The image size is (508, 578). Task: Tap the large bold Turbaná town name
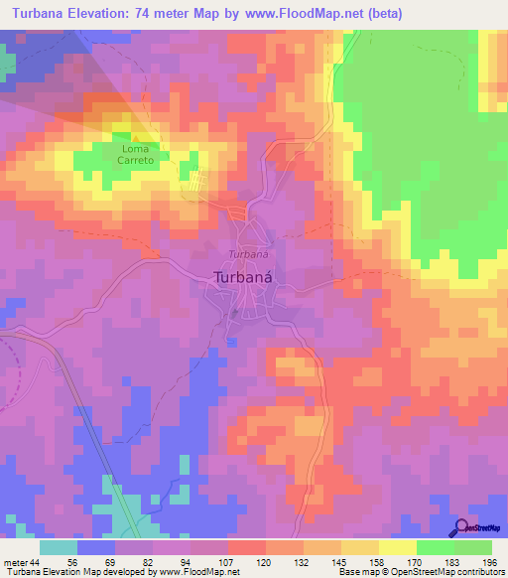pos(244,280)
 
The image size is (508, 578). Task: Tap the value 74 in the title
pos(166,13)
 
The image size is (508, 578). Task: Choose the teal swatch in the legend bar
pos(59,547)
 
